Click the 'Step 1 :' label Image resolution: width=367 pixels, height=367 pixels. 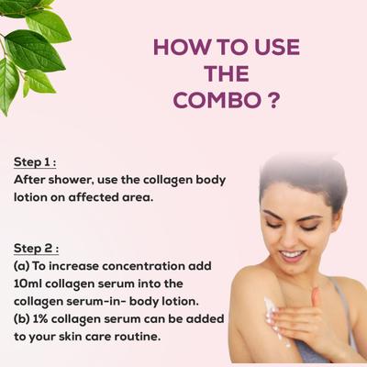click(36, 162)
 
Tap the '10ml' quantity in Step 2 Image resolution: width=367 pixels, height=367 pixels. click(28, 283)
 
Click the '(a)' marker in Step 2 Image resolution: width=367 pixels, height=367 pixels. click(21, 265)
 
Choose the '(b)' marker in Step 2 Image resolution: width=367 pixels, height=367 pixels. click(22, 317)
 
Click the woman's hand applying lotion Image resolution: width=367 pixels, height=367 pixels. click(312, 317)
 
